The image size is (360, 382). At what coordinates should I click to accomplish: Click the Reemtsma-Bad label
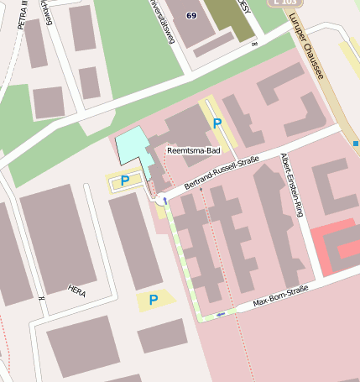pos(193,151)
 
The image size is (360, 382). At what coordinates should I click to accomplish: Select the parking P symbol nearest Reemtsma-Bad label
pos(217,124)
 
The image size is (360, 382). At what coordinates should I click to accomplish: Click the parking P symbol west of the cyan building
pos(125,181)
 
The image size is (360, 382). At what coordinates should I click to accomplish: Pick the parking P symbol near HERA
pos(154,300)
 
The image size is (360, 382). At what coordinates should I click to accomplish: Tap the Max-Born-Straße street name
pos(281,296)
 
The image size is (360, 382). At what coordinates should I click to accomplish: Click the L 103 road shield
pos(286,3)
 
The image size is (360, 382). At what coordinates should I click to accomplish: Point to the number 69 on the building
pos(192,16)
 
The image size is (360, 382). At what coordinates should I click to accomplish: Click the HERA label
pos(76,290)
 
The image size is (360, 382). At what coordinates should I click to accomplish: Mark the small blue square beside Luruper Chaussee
pos(356,144)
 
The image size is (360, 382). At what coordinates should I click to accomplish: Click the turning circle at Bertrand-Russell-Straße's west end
pos(161,200)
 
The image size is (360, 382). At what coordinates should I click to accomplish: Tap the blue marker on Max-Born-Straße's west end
pos(220,315)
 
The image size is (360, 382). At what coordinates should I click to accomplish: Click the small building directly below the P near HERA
pos(162,335)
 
